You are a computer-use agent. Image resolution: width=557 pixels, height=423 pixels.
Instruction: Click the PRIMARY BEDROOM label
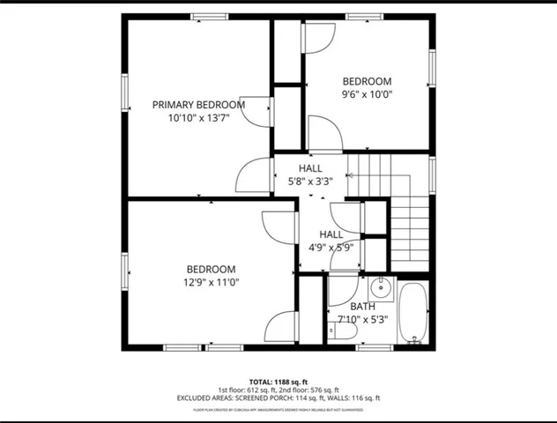pyautogui.click(x=198, y=104)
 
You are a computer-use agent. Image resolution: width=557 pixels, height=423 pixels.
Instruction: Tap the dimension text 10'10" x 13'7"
pyautogui.click(x=198, y=117)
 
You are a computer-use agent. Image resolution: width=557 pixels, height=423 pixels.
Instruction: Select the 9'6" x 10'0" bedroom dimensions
pyautogui.click(x=367, y=94)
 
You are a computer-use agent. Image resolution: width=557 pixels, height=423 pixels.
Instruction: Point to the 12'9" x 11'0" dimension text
pyautogui.click(x=211, y=282)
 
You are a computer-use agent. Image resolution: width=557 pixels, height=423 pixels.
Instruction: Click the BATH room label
pyautogui.click(x=361, y=306)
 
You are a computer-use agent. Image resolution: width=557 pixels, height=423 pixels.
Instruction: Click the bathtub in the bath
pyautogui.click(x=412, y=313)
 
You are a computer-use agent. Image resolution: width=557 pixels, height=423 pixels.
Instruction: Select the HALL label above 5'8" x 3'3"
pyautogui.click(x=310, y=168)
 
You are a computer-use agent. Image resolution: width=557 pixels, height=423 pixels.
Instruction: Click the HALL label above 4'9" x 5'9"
pyautogui.click(x=331, y=234)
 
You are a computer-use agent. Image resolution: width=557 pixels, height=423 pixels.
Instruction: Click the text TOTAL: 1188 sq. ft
pyautogui.click(x=278, y=379)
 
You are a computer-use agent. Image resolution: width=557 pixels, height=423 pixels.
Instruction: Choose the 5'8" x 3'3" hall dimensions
pyautogui.click(x=310, y=182)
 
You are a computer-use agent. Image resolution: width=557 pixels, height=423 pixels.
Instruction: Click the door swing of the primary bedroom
pyautogui.click(x=257, y=108)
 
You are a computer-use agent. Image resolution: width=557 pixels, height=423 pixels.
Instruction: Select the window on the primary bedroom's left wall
pyautogui.click(x=125, y=93)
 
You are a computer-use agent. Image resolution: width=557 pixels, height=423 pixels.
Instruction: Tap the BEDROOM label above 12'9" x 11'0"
pyautogui.click(x=211, y=270)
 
